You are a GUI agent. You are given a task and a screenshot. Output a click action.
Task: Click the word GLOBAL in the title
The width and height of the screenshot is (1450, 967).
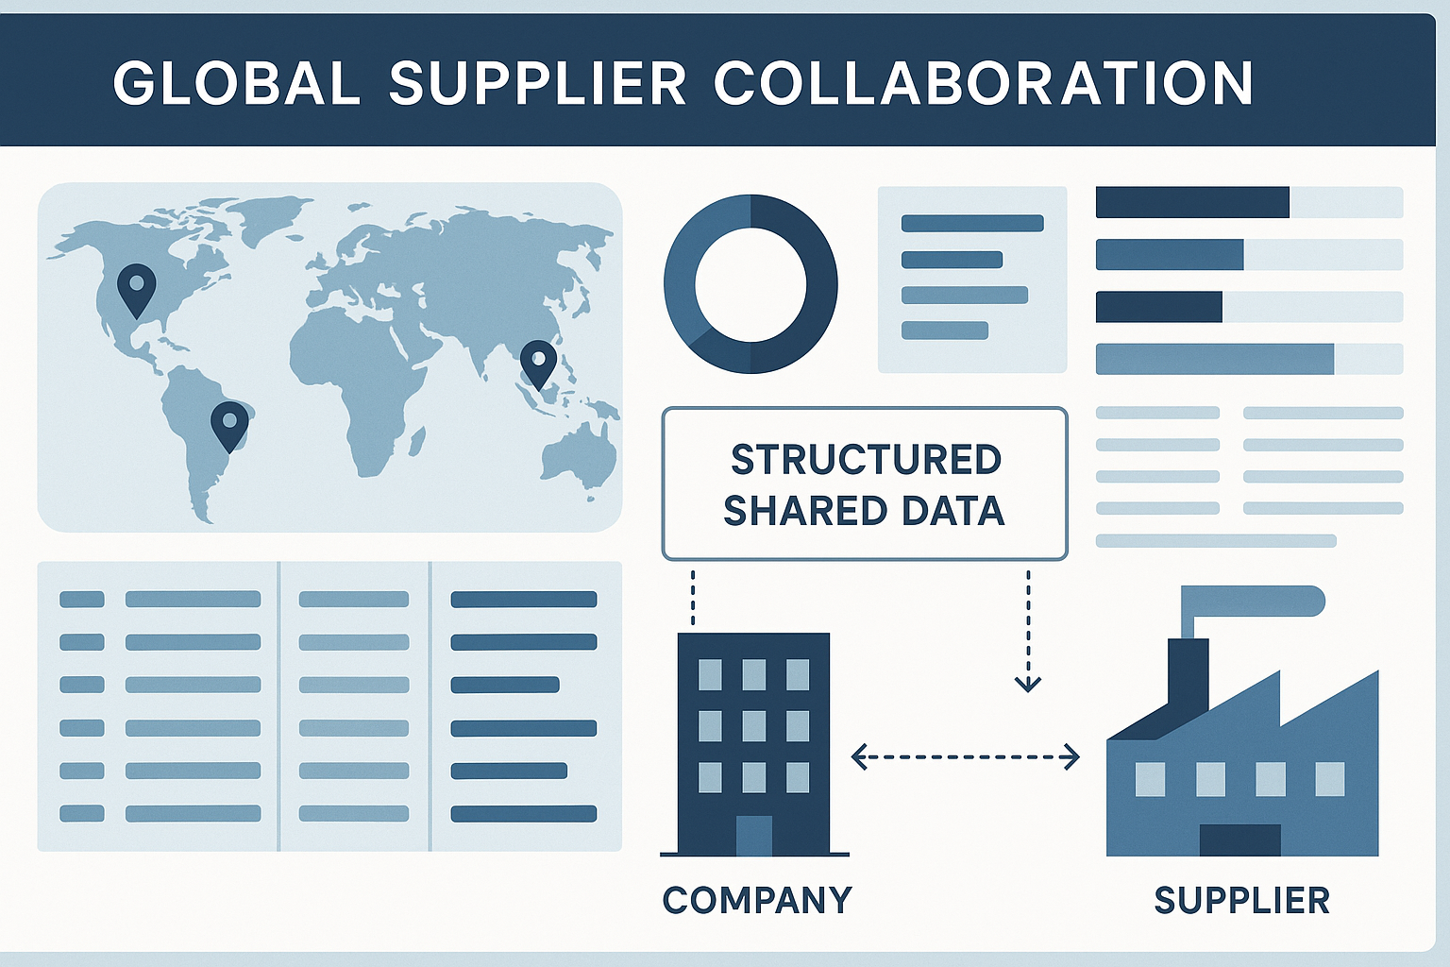click(236, 83)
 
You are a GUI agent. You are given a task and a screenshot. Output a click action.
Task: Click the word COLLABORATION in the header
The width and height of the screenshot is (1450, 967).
click(983, 83)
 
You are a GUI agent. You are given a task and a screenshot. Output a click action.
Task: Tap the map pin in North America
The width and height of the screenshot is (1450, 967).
click(137, 286)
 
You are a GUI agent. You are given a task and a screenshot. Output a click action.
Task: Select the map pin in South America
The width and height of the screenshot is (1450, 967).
click(229, 423)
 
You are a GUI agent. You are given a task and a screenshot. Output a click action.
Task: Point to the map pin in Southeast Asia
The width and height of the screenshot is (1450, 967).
click(539, 362)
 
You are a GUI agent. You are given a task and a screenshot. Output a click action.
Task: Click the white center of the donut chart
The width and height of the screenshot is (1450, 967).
click(750, 283)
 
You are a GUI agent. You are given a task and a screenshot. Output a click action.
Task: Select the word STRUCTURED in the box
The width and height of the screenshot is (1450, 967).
click(866, 460)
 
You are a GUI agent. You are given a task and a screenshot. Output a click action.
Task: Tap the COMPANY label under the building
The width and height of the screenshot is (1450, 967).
click(757, 900)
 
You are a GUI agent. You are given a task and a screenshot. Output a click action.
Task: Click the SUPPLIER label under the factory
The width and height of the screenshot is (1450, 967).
click(1241, 900)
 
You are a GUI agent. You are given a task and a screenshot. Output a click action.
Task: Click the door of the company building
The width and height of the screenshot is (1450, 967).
click(753, 835)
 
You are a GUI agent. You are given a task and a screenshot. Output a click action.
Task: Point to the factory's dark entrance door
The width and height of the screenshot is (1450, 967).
click(1239, 840)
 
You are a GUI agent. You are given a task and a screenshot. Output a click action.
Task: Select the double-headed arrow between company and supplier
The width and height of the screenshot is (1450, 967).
click(965, 756)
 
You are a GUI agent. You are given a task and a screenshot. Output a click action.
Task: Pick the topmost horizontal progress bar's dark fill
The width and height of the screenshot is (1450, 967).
click(1191, 202)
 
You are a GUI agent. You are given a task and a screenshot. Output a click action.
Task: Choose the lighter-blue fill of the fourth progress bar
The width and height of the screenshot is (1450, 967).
click(1214, 359)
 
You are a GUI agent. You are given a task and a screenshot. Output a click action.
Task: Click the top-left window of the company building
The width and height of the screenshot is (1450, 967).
click(710, 674)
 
